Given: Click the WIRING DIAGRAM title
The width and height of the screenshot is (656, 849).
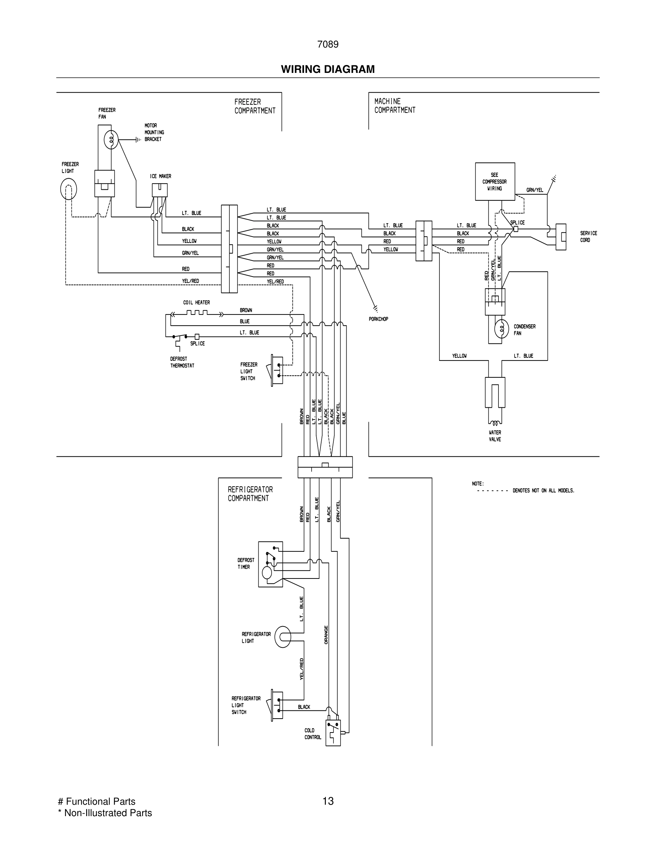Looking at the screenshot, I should [x=328, y=69].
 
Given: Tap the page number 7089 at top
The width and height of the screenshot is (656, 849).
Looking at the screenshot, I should [x=328, y=45].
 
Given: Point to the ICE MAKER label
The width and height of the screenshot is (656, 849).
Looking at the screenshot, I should [x=160, y=176].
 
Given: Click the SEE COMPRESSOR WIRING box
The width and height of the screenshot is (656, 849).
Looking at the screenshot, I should [x=495, y=182].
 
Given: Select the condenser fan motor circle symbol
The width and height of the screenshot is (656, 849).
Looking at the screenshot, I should [x=502, y=329].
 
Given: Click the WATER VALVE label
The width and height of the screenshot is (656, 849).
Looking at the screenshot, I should [x=495, y=436].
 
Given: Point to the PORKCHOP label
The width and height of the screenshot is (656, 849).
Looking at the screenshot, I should [x=378, y=319].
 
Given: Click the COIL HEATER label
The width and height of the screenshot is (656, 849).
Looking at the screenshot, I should [x=196, y=302].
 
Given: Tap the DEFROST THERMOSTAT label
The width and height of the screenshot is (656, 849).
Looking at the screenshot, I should [x=182, y=362].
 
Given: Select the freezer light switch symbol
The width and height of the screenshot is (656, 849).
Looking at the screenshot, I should [x=277, y=371].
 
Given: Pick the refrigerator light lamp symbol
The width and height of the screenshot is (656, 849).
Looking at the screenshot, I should [x=283, y=637].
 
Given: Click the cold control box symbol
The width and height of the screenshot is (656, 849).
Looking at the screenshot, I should [x=333, y=733].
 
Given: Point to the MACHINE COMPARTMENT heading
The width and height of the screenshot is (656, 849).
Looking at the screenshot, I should [x=394, y=106].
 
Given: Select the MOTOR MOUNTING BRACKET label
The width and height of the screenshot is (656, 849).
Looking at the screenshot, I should [x=154, y=132].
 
